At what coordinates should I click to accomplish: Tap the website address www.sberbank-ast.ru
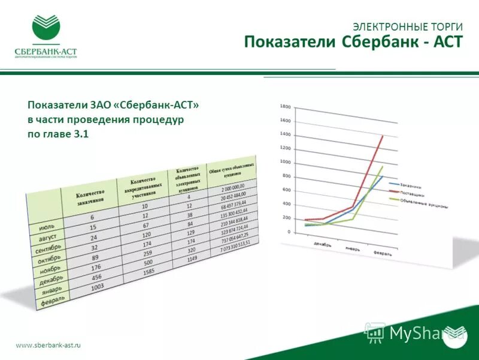[48, 345]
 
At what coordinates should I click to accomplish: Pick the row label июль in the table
[47, 228]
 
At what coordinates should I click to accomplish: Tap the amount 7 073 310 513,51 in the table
[235, 245]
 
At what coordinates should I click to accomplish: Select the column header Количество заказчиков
[90, 196]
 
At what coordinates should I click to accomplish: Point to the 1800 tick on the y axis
[285, 107]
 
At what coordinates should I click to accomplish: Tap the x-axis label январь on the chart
[352, 249]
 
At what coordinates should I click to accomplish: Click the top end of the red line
[383, 136]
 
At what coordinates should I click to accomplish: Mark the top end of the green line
[383, 166]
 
